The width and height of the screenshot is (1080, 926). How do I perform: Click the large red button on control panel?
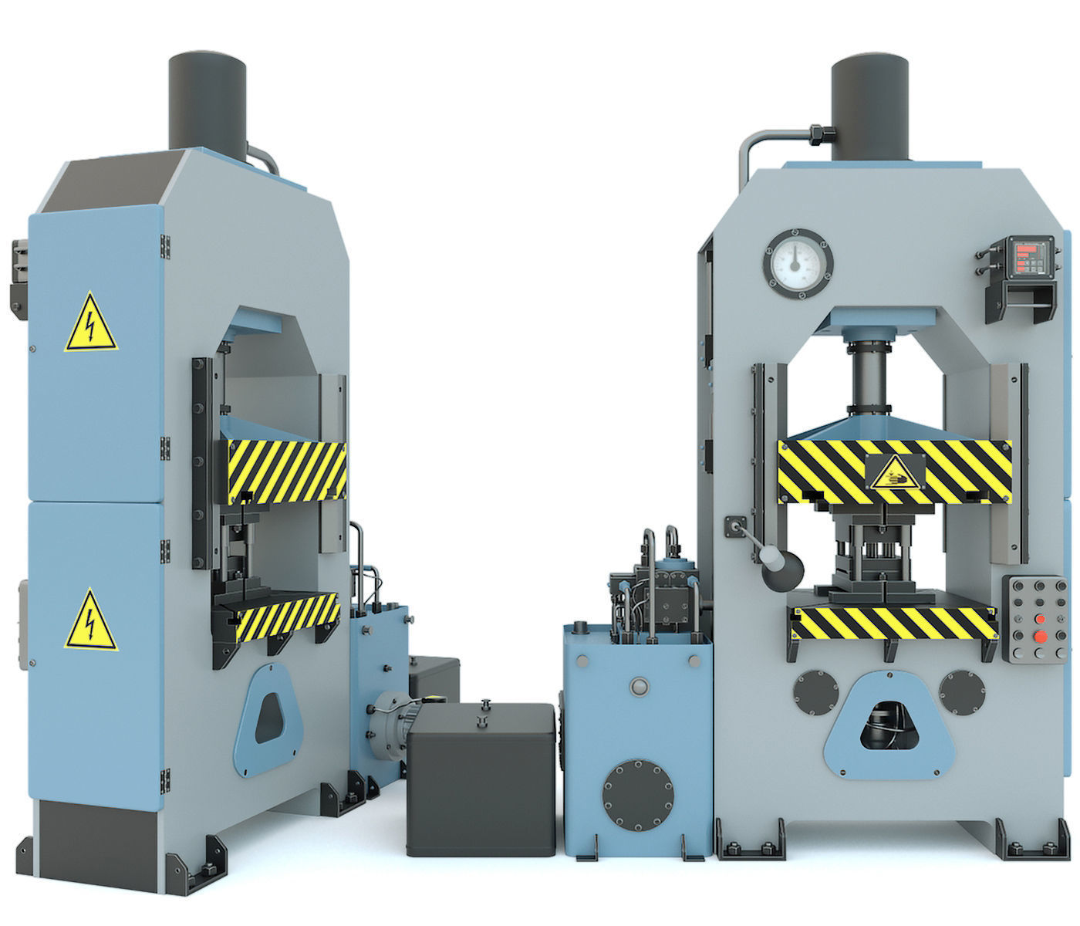pos(1041,636)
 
